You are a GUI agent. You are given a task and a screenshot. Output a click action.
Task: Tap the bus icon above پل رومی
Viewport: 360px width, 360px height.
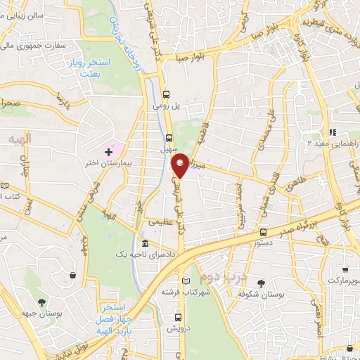(167, 95)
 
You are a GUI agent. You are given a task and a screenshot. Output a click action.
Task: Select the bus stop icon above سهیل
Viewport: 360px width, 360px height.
(169, 138)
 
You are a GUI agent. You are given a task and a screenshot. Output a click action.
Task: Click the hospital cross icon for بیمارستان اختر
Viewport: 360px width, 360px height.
(108, 151)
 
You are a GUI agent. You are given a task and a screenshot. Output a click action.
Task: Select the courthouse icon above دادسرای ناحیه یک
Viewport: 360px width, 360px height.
(145, 243)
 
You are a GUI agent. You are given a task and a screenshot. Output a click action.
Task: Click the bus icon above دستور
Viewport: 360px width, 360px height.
(263, 232)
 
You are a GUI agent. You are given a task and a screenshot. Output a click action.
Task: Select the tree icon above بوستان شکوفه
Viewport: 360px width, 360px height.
(262, 283)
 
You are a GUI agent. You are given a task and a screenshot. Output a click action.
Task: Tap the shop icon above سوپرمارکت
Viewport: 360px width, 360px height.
(345, 269)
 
